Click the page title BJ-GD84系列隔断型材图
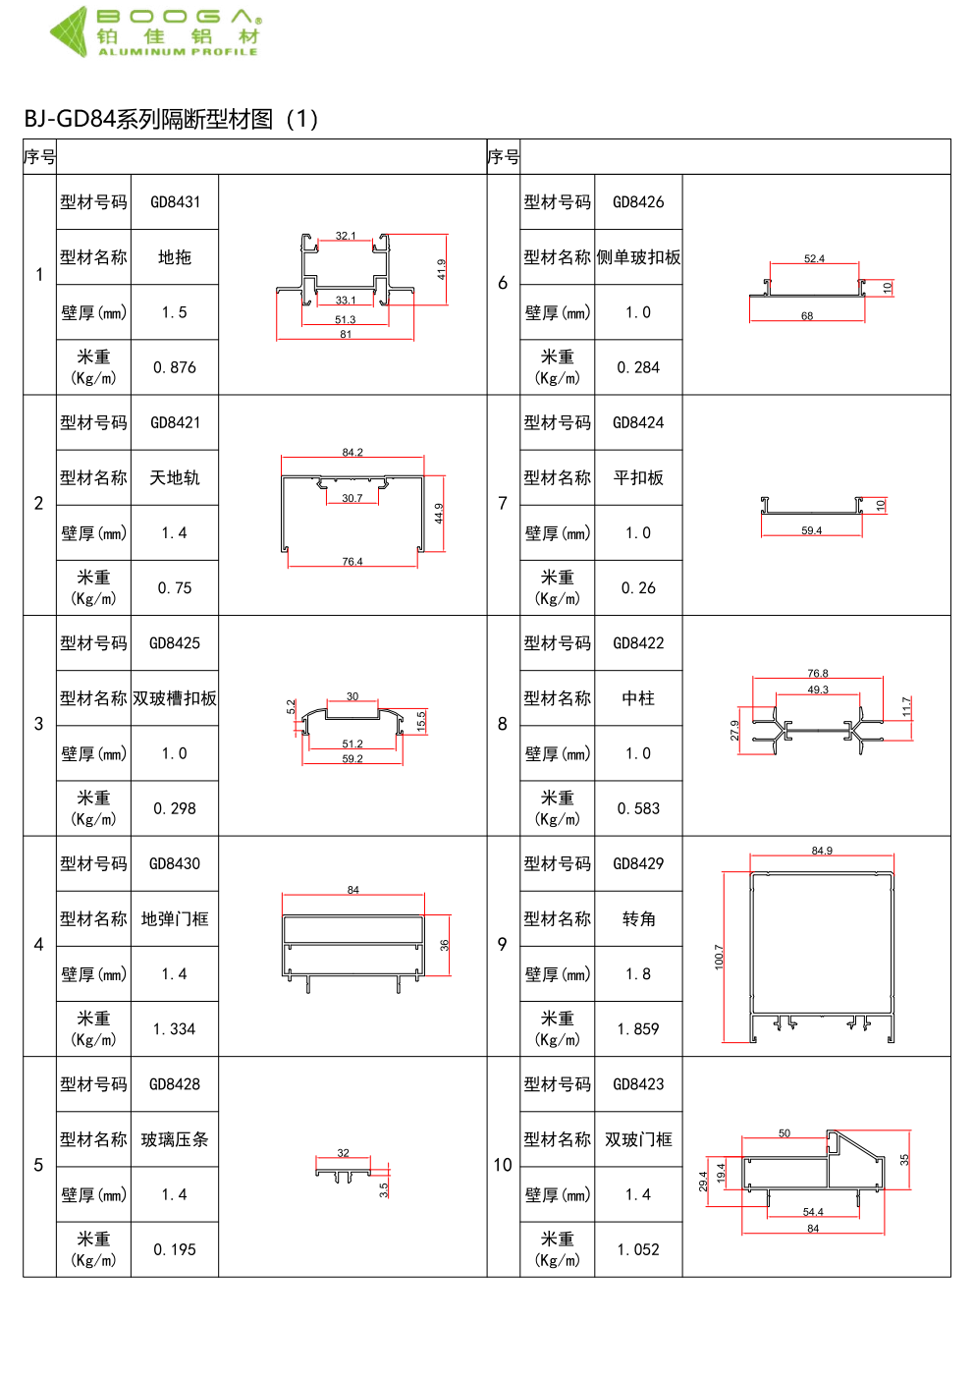[171, 119]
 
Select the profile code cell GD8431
[175, 202]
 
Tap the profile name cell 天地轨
[175, 478]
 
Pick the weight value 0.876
[175, 367]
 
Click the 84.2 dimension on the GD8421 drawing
[352, 453]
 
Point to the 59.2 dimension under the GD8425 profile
[352, 759]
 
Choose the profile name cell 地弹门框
[175, 919]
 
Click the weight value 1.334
[175, 1029]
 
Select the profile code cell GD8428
[175, 1084]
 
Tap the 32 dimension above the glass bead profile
[343, 1153]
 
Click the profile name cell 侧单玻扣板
[638, 257]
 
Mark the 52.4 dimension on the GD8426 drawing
[814, 259]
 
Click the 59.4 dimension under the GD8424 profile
[811, 531]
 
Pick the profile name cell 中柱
[638, 698]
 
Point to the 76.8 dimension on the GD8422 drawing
[818, 674]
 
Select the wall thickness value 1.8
[638, 974]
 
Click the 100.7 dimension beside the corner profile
[719, 957]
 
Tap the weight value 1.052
[638, 1249]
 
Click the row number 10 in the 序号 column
[503, 1165]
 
